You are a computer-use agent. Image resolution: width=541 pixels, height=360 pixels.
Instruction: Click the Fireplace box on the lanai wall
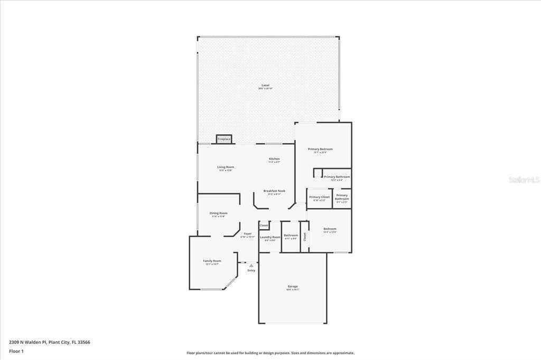(224, 139)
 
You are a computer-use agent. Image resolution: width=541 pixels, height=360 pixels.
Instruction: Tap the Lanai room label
(265, 86)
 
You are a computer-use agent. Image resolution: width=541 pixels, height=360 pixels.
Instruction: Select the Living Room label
(225, 167)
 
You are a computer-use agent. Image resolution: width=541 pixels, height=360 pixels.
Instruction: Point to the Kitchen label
(274, 159)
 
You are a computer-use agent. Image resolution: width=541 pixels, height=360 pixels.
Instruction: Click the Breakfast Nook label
(274, 191)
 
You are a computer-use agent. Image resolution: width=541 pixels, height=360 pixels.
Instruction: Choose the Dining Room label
(218, 213)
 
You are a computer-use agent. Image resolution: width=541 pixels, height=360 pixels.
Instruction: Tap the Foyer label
(247, 234)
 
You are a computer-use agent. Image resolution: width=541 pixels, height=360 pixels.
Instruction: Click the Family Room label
(212, 261)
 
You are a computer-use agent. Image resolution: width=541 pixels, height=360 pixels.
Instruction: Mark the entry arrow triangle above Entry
(251, 266)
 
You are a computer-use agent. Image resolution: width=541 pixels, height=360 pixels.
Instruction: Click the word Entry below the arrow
(251, 271)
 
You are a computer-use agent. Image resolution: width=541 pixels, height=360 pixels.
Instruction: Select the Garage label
(292, 287)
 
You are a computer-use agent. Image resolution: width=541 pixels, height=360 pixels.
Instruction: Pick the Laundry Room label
(270, 238)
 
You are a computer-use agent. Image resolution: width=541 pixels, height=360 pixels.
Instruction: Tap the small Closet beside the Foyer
(264, 225)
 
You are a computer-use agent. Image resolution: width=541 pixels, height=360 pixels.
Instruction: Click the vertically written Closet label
(305, 236)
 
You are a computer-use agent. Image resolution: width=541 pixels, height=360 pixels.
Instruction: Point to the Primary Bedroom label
(320, 149)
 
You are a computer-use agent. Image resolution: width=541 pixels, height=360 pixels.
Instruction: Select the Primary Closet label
(319, 197)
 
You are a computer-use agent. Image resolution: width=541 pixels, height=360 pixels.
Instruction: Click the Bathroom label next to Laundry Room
(291, 235)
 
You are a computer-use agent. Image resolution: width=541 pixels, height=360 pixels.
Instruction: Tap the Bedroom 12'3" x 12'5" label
(330, 230)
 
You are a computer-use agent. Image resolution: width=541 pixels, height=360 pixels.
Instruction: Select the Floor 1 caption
(16, 350)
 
